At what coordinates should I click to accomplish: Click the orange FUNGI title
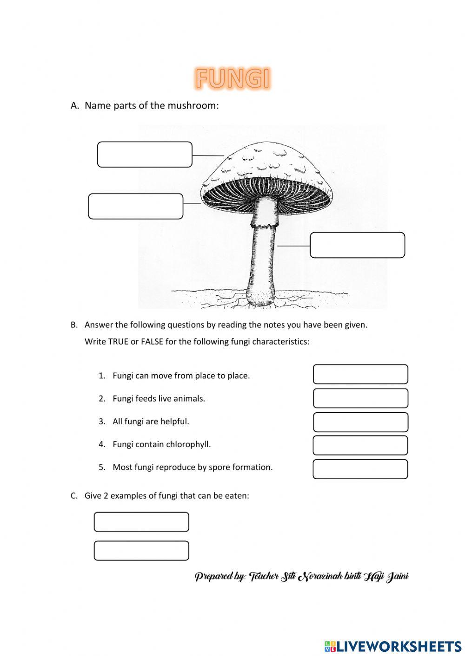click(232, 78)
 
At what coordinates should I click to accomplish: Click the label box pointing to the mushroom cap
click(145, 155)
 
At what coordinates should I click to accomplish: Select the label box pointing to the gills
click(136, 206)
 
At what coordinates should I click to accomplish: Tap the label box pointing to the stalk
click(357, 245)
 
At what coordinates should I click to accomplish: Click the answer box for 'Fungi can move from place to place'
click(360, 374)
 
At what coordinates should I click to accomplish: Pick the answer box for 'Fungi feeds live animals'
click(360, 398)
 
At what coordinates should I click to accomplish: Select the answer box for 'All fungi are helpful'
click(360, 422)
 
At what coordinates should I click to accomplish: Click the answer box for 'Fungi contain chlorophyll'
click(360, 445)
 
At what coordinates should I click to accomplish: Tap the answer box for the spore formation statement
click(360, 469)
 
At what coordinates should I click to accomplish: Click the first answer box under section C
click(141, 522)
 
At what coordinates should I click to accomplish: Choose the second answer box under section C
click(141, 551)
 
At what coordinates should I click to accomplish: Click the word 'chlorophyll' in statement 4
click(189, 444)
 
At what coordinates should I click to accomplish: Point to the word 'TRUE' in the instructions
click(118, 342)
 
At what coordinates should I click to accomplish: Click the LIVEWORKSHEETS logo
click(393, 646)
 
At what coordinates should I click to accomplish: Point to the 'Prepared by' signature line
click(301, 577)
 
